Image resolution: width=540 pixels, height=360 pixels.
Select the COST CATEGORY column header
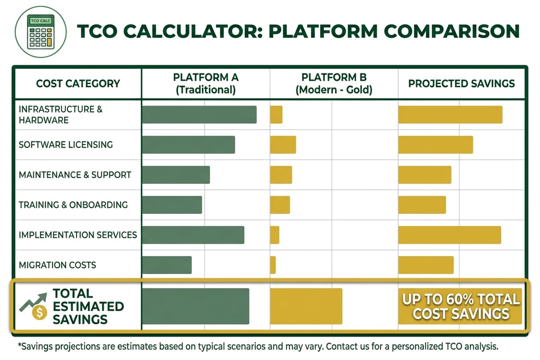[78, 84]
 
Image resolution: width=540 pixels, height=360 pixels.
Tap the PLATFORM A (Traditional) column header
[206, 83]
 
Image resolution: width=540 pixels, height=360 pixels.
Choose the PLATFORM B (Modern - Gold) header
[333, 83]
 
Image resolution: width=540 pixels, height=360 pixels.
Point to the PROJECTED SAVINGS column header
[461, 84]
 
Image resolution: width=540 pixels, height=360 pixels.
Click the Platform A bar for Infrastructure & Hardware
[199, 115]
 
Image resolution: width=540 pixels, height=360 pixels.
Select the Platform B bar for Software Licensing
[283, 144]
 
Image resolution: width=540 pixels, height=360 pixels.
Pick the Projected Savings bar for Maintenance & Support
[424, 175]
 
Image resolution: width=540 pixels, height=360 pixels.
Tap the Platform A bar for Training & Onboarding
[172, 205]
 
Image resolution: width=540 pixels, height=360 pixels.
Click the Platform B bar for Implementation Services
[274, 235]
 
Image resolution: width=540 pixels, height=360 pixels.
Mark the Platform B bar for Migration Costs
[273, 265]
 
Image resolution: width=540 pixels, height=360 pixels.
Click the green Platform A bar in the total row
[195, 306]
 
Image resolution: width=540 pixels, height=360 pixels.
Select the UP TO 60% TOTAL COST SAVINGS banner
[461, 306]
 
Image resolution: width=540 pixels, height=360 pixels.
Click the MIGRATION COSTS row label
[57, 265]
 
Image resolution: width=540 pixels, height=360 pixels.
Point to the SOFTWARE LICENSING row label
[66, 145]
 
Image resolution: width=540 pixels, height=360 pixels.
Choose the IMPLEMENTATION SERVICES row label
[77, 235]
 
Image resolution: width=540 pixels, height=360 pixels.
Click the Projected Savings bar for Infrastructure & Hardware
[450, 115]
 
